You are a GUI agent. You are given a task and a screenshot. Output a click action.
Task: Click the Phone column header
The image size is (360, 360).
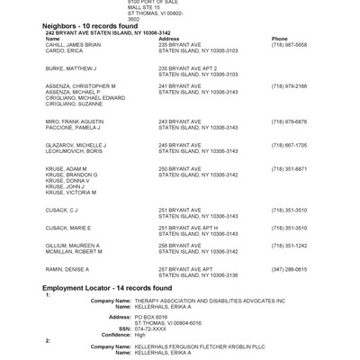click(279, 40)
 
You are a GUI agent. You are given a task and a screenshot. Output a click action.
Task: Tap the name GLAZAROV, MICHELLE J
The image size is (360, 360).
click(75, 144)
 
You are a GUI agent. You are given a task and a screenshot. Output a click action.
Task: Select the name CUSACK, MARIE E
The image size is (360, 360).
click(67, 228)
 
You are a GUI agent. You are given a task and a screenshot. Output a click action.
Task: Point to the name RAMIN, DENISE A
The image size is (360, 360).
click(64, 268)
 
